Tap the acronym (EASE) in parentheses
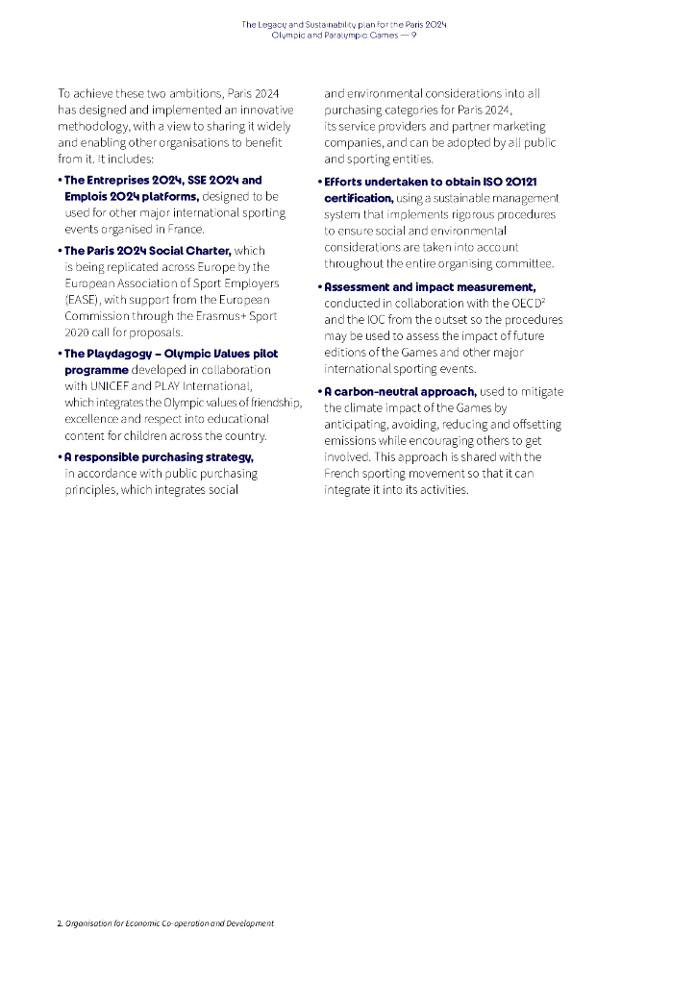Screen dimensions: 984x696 coord(81,300)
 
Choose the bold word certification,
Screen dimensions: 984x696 coord(359,198)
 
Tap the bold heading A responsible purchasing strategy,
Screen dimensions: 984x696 coord(159,456)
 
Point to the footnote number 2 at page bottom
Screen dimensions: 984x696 coord(60,923)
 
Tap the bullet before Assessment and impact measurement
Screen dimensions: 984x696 coord(319,287)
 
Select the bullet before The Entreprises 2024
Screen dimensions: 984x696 coord(60,180)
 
